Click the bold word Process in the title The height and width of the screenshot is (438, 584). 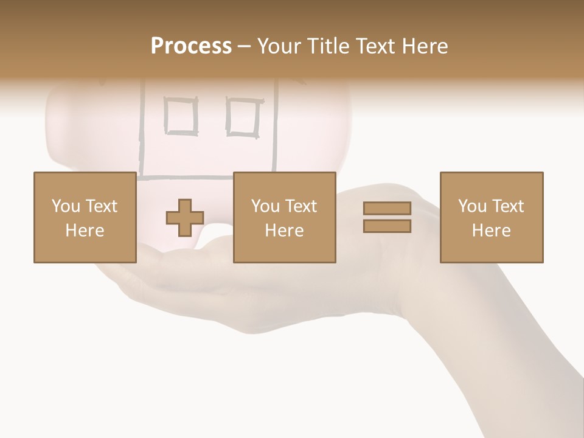[x=191, y=46]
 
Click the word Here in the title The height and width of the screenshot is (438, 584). [x=423, y=46]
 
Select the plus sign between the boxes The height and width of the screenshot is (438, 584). [x=185, y=218]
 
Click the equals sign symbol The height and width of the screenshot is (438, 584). [x=387, y=217]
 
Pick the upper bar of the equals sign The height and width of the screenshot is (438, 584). [x=387, y=209]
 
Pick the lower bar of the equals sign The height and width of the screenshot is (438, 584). [x=387, y=226]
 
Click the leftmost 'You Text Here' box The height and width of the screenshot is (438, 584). [x=85, y=217]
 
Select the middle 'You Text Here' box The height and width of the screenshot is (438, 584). [x=284, y=217]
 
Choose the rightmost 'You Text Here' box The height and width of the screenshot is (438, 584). [x=491, y=217]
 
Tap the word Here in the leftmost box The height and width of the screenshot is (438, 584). [x=85, y=231]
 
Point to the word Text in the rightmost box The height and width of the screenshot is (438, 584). [x=506, y=206]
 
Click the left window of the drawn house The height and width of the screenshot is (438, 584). [x=181, y=116]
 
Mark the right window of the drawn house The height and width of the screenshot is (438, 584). [x=243, y=116]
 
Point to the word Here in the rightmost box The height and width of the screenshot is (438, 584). [x=491, y=231]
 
